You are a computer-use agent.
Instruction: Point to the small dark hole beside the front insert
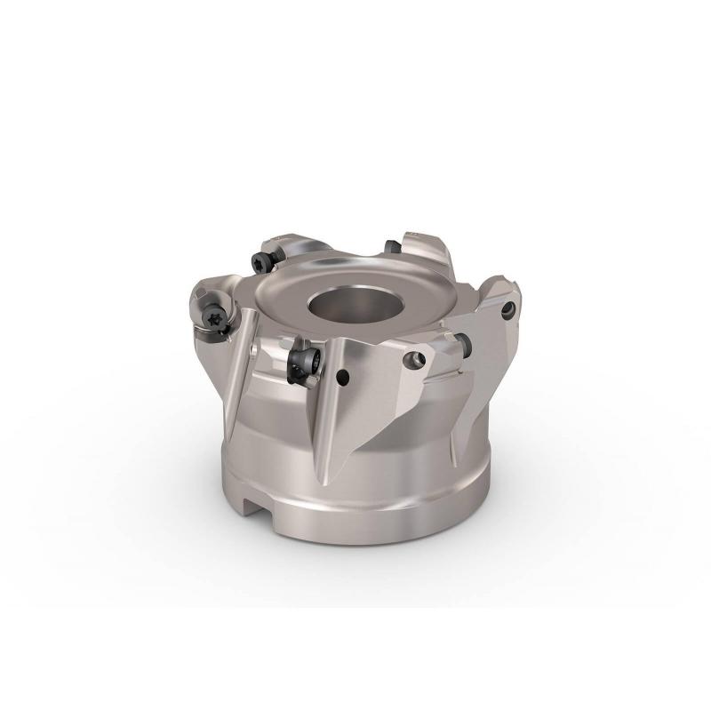[343, 379]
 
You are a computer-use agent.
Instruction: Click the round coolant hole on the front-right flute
[411, 361]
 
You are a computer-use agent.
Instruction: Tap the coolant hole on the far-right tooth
[507, 310]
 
